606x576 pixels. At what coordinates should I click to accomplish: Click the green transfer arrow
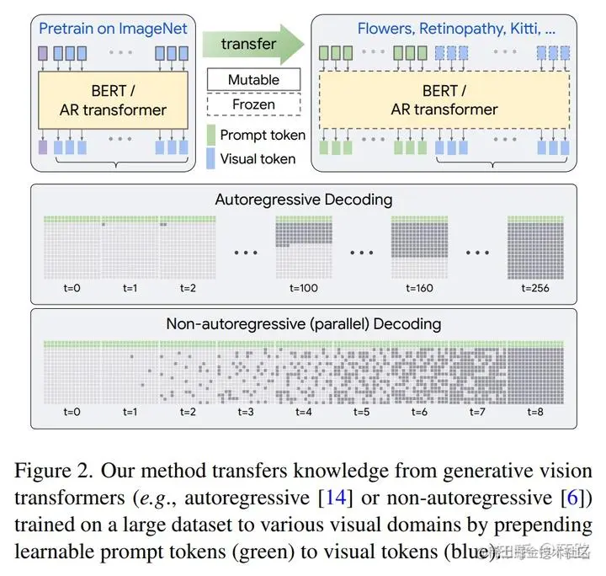click(253, 43)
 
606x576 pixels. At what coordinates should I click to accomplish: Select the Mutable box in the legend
click(253, 80)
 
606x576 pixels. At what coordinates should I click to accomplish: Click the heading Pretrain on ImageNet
click(114, 29)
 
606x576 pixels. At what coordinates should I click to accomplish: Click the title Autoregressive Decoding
click(303, 200)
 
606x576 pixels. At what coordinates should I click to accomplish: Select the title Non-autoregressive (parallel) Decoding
click(303, 323)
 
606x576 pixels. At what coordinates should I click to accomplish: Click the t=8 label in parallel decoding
click(534, 412)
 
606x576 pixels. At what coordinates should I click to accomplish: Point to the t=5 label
click(361, 412)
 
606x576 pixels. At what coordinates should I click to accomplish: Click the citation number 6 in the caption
click(573, 498)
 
